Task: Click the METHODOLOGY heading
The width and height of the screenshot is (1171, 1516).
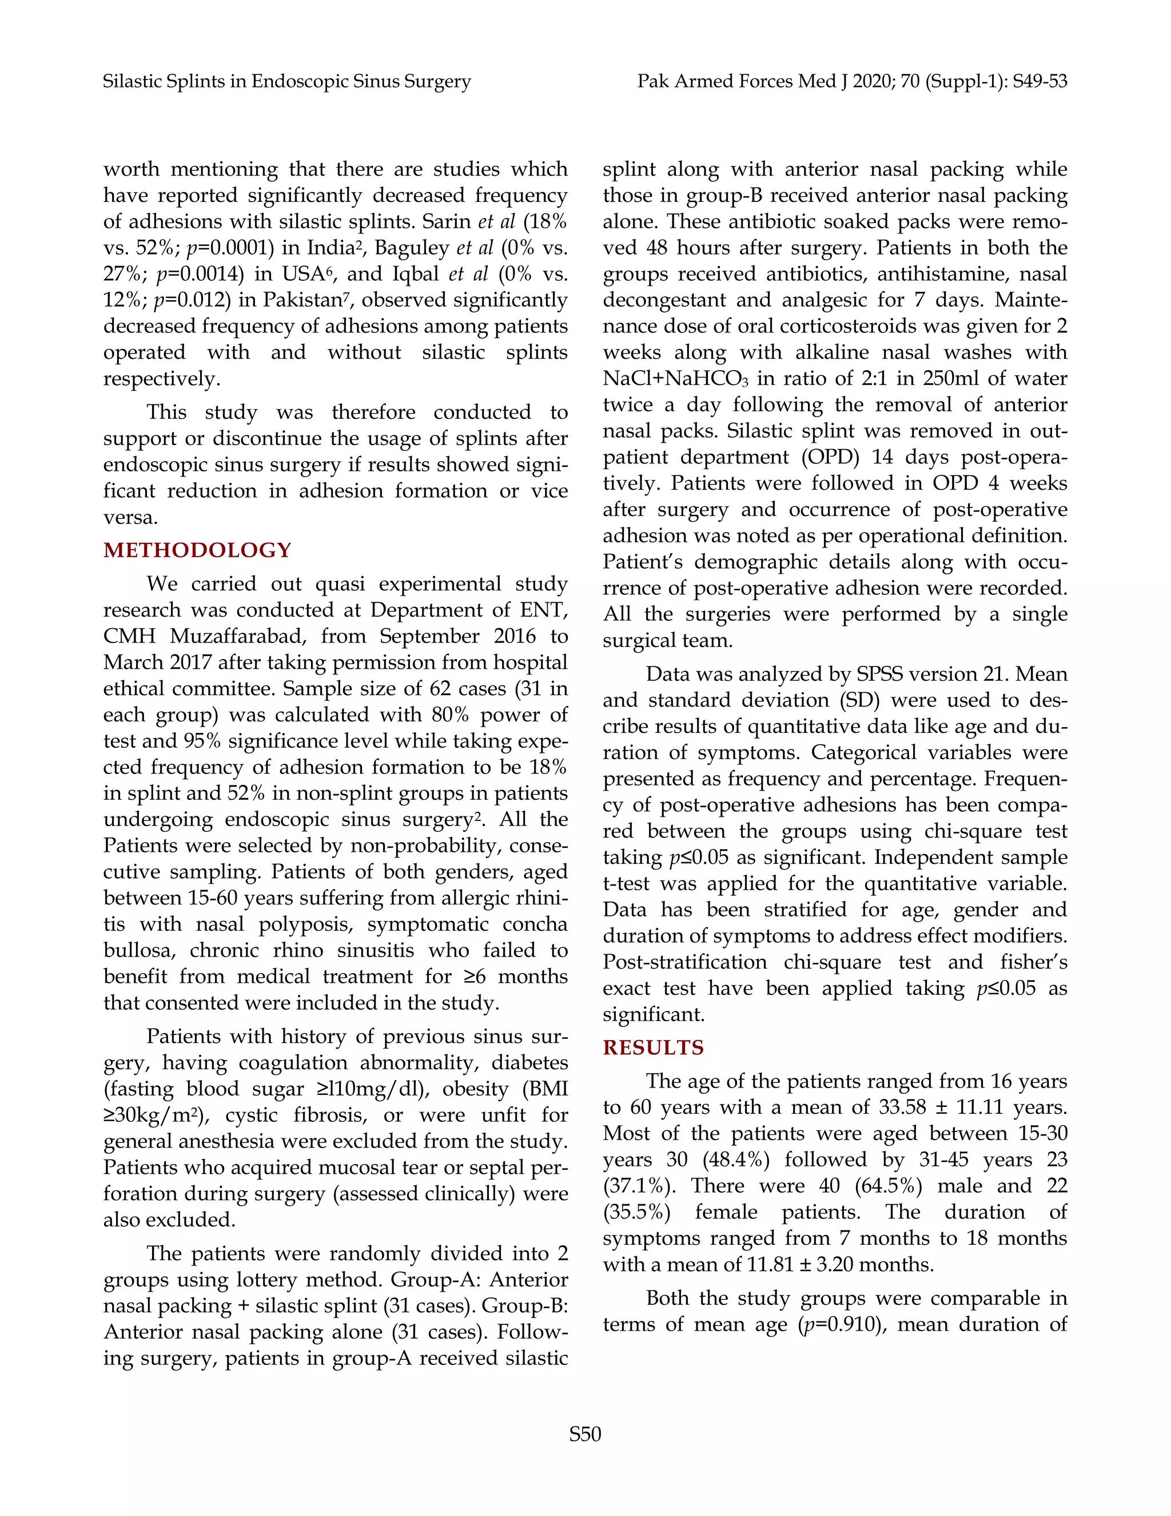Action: click(x=197, y=550)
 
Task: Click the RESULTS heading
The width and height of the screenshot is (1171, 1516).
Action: click(x=653, y=1047)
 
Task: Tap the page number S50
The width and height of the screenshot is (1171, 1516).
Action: click(x=585, y=1434)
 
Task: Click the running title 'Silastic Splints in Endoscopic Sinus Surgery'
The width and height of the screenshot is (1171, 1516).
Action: click(x=286, y=81)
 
